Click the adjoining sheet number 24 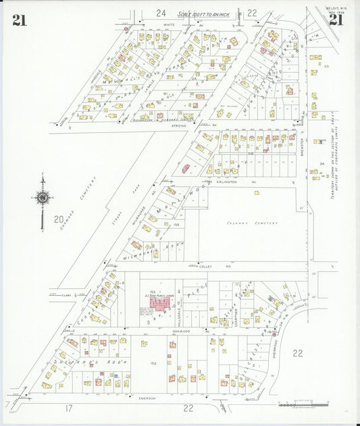tap(160, 13)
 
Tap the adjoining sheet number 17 tap(69, 408)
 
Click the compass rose tap(42, 198)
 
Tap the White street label tap(168, 24)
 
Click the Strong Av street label tap(179, 126)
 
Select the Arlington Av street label tap(228, 182)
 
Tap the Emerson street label tap(147, 398)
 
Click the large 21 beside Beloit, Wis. tap(336, 20)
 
